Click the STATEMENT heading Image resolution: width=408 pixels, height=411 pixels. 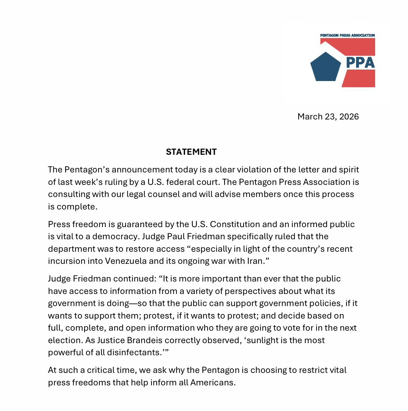191,152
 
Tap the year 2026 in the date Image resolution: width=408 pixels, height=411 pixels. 349,117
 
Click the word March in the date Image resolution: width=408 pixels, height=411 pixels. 310,117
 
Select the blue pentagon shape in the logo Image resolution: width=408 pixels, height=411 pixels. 326,68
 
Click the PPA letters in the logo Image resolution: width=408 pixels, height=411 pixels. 360,63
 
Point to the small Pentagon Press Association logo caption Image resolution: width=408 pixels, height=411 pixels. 347,35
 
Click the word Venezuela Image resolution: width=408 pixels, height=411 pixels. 126,261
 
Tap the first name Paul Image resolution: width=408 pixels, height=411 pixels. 177,236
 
